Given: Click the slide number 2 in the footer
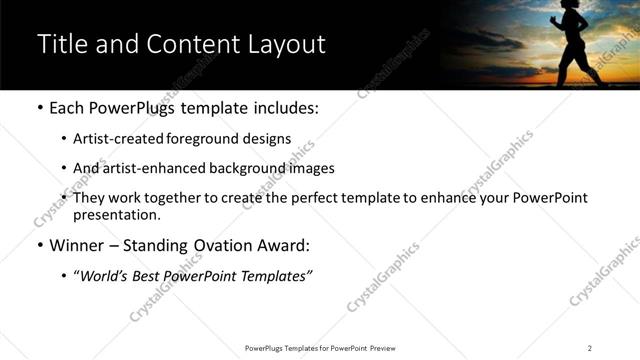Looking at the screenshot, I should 590,348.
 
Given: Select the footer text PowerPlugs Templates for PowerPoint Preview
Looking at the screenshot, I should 320,348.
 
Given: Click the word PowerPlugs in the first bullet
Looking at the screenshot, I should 139,107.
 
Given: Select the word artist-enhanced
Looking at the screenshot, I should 153,168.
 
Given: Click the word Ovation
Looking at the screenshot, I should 234,245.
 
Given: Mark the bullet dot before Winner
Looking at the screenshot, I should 40,246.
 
